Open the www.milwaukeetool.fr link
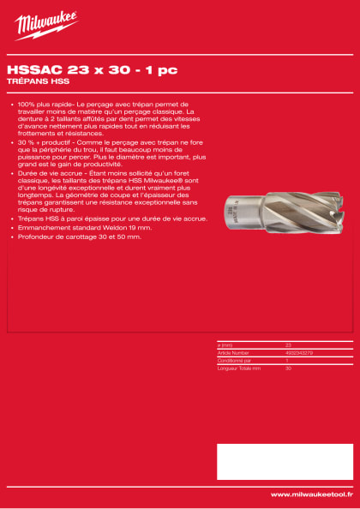(311, 494)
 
